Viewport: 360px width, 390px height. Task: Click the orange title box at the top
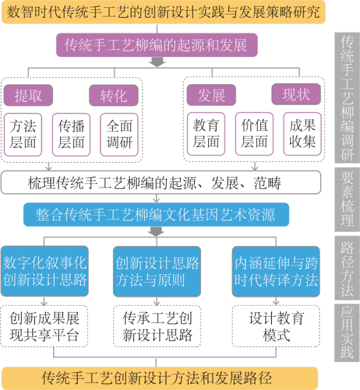[x=163, y=12]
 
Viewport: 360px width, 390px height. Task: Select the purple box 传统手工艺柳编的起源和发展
[x=156, y=45]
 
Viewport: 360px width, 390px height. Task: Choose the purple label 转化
[x=113, y=95]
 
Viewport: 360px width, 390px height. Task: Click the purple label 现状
[x=296, y=95]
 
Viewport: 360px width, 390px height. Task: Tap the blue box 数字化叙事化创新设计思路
[x=44, y=271]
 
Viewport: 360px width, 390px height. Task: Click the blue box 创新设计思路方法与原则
[x=157, y=271]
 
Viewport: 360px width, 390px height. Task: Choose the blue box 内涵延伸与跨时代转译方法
[x=276, y=271]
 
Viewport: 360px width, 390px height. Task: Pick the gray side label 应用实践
[x=347, y=332]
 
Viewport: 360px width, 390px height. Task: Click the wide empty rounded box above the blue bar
[x=161, y=182]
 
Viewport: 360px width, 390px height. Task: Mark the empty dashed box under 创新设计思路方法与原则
[x=157, y=326]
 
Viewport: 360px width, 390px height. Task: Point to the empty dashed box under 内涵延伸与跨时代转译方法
[x=276, y=326]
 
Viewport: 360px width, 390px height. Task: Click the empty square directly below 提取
[x=23, y=135]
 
